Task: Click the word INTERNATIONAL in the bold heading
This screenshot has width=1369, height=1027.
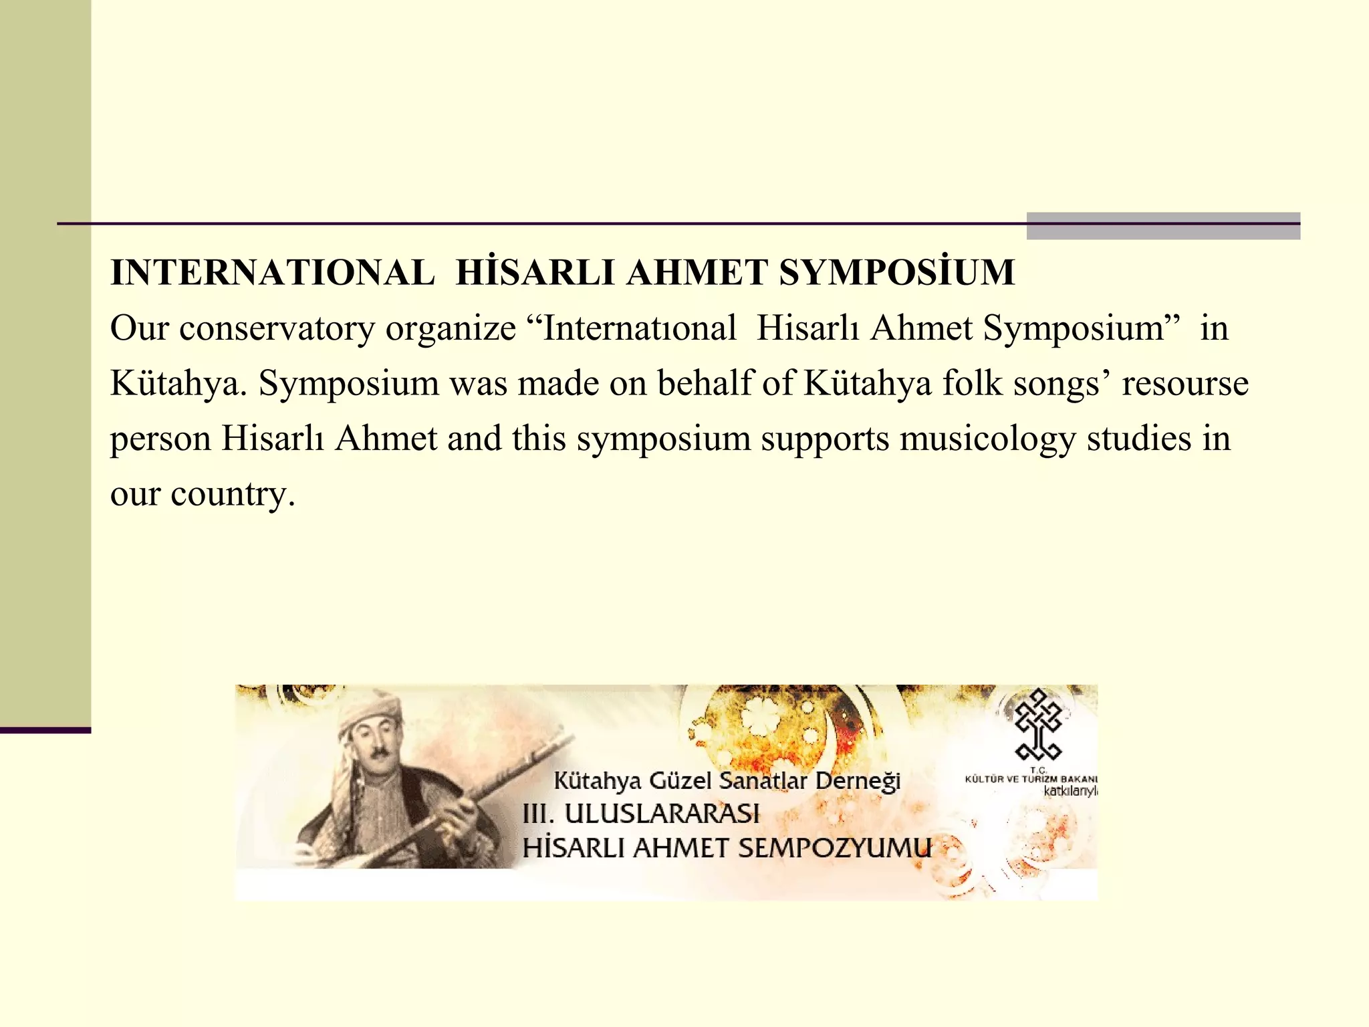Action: (x=272, y=273)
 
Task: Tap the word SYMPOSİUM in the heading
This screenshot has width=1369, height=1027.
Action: (x=897, y=273)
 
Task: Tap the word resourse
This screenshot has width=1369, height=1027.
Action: (x=1185, y=384)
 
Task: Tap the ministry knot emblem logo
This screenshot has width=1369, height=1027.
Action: (x=1038, y=725)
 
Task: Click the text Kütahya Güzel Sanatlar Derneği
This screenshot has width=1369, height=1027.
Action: (x=727, y=780)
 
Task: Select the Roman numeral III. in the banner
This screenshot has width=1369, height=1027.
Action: (x=538, y=814)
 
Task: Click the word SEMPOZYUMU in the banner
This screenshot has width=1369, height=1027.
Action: (x=834, y=848)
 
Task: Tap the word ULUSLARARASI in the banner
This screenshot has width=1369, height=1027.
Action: (x=662, y=814)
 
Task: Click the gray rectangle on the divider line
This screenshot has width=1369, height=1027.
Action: (x=1162, y=226)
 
